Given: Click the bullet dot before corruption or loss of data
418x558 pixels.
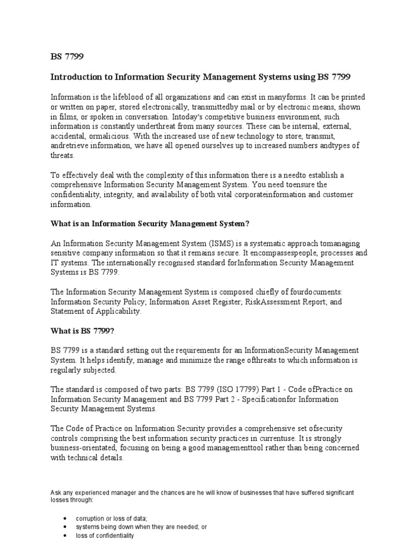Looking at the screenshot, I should coord(65,519).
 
